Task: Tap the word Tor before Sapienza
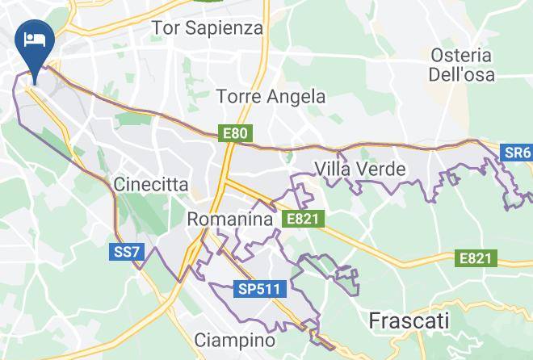(x=166, y=28)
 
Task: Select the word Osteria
(x=461, y=56)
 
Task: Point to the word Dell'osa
(x=462, y=75)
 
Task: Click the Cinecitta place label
(x=151, y=185)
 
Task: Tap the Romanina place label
(x=229, y=219)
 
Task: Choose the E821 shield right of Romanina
(x=303, y=219)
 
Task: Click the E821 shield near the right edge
(x=475, y=258)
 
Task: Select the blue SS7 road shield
(x=126, y=253)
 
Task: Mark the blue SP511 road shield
(x=258, y=289)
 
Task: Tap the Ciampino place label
(x=235, y=341)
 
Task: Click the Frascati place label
(x=409, y=320)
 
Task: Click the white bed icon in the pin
(x=35, y=39)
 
